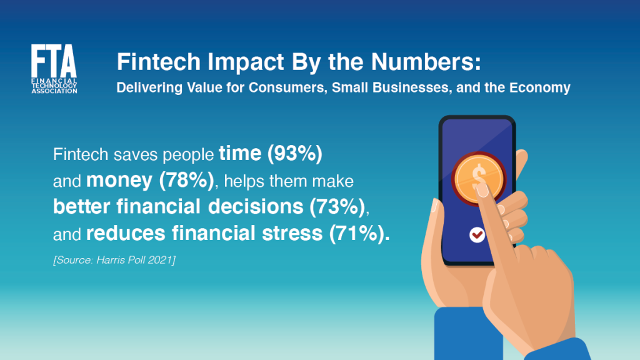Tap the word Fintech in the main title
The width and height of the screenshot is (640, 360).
[159, 62]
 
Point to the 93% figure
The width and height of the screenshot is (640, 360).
[295, 154]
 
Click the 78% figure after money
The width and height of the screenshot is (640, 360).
[186, 181]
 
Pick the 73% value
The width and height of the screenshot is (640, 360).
[337, 206]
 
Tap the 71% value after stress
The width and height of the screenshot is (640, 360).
[357, 234]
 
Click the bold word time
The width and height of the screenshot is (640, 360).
[240, 154]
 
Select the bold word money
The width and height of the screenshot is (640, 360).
[119, 181]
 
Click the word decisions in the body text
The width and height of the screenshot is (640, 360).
[256, 206]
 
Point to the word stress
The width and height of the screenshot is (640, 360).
[292, 234]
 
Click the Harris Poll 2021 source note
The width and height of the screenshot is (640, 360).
[114, 260]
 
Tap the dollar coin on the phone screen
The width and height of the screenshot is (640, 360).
[478, 178]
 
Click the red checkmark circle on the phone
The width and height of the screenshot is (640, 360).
[477, 235]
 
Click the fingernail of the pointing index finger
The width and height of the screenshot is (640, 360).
[482, 190]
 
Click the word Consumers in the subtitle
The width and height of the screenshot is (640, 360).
[288, 87]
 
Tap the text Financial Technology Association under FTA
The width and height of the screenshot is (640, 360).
[54, 86]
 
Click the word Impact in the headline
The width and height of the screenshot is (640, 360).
[246, 62]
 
